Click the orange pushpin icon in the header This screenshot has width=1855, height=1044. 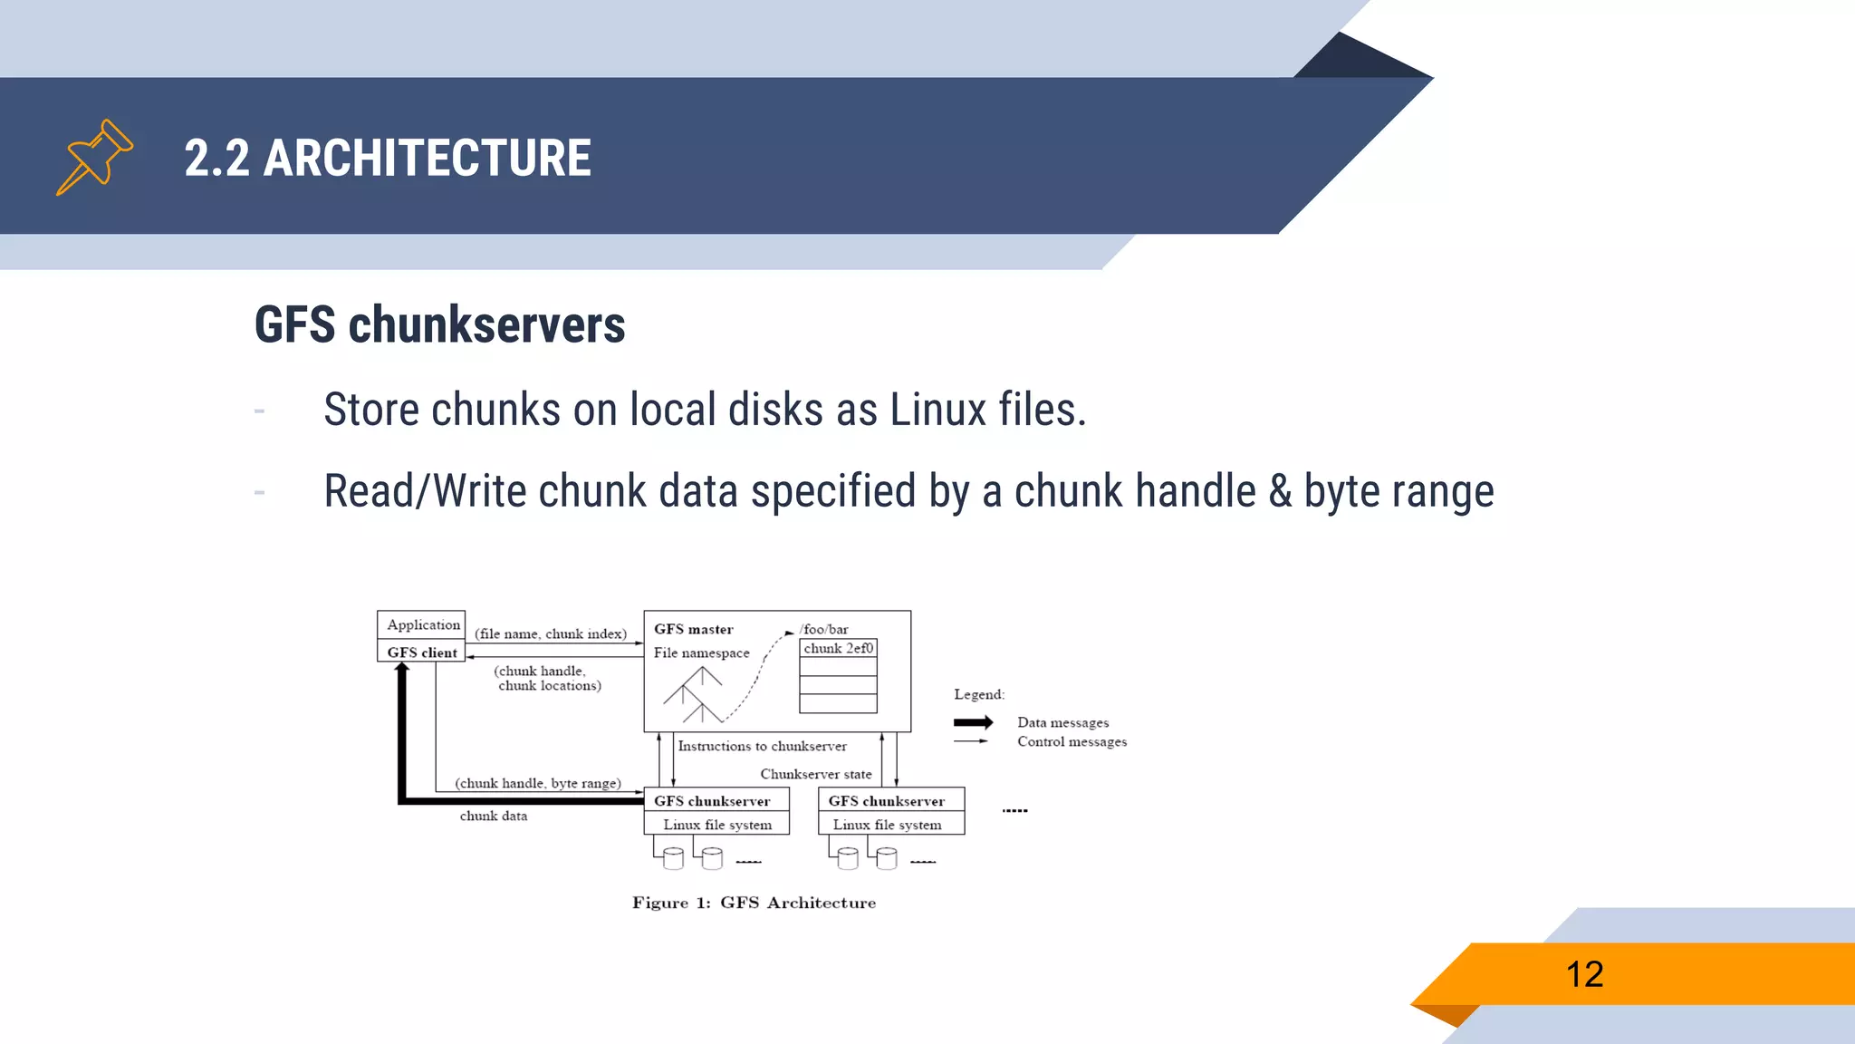94,157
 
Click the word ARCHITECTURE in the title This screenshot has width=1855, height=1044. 427,159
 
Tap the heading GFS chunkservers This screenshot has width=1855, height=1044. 439,324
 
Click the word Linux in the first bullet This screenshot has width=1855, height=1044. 937,410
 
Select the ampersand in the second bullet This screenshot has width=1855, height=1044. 1279,491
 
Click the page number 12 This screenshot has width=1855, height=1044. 1584,974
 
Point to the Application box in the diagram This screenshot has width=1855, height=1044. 422,624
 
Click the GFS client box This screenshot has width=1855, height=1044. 422,652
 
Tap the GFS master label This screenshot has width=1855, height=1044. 693,629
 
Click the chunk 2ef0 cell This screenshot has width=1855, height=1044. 838,648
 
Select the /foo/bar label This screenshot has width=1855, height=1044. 824,629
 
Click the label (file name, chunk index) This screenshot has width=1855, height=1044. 551,633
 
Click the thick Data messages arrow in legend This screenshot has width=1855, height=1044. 973,722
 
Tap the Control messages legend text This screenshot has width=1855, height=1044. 1072,741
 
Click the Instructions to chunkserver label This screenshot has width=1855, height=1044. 762,746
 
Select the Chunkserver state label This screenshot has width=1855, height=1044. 815,774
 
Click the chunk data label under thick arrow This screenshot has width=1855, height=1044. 493,816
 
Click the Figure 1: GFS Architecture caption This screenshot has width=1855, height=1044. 754,903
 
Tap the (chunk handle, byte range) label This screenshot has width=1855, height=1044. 538,783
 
